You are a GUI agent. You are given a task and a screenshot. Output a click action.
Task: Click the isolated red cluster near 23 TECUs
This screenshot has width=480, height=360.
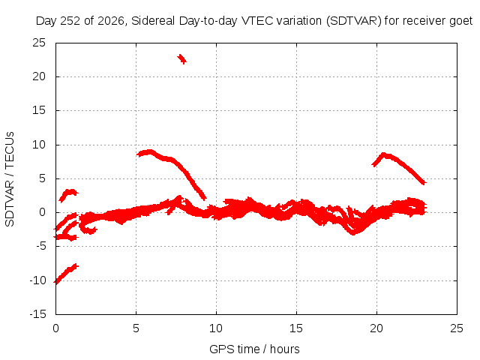[x=181, y=58]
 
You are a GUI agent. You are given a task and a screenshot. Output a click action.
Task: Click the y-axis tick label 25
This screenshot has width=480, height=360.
[x=39, y=43]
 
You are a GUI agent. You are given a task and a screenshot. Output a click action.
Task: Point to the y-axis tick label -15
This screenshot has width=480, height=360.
[x=37, y=314]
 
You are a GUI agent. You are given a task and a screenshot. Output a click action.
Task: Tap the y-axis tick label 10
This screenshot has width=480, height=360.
[x=39, y=145]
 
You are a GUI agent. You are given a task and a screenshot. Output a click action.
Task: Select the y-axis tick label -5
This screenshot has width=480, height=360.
[x=41, y=246]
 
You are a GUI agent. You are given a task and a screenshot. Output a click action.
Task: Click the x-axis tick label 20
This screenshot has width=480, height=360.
[x=376, y=328]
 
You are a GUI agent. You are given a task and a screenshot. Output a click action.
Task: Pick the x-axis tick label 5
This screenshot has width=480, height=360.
[x=136, y=328]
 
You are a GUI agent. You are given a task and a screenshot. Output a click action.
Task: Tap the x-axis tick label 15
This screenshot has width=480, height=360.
[x=296, y=328]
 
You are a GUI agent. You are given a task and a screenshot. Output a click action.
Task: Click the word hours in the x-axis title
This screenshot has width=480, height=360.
[x=285, y=349]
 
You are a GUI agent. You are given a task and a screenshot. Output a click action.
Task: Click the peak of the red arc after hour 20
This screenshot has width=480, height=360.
[x=384, y=154]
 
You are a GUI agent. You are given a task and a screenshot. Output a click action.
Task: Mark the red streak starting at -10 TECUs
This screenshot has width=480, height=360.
[x=66, y=274]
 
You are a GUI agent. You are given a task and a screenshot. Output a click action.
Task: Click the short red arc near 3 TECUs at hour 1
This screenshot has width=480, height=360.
[x=68, y=193]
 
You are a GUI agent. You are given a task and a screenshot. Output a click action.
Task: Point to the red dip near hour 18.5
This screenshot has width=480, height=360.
[x=353, y=232]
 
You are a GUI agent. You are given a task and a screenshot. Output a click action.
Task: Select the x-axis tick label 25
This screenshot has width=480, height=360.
[x=457, y=328]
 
